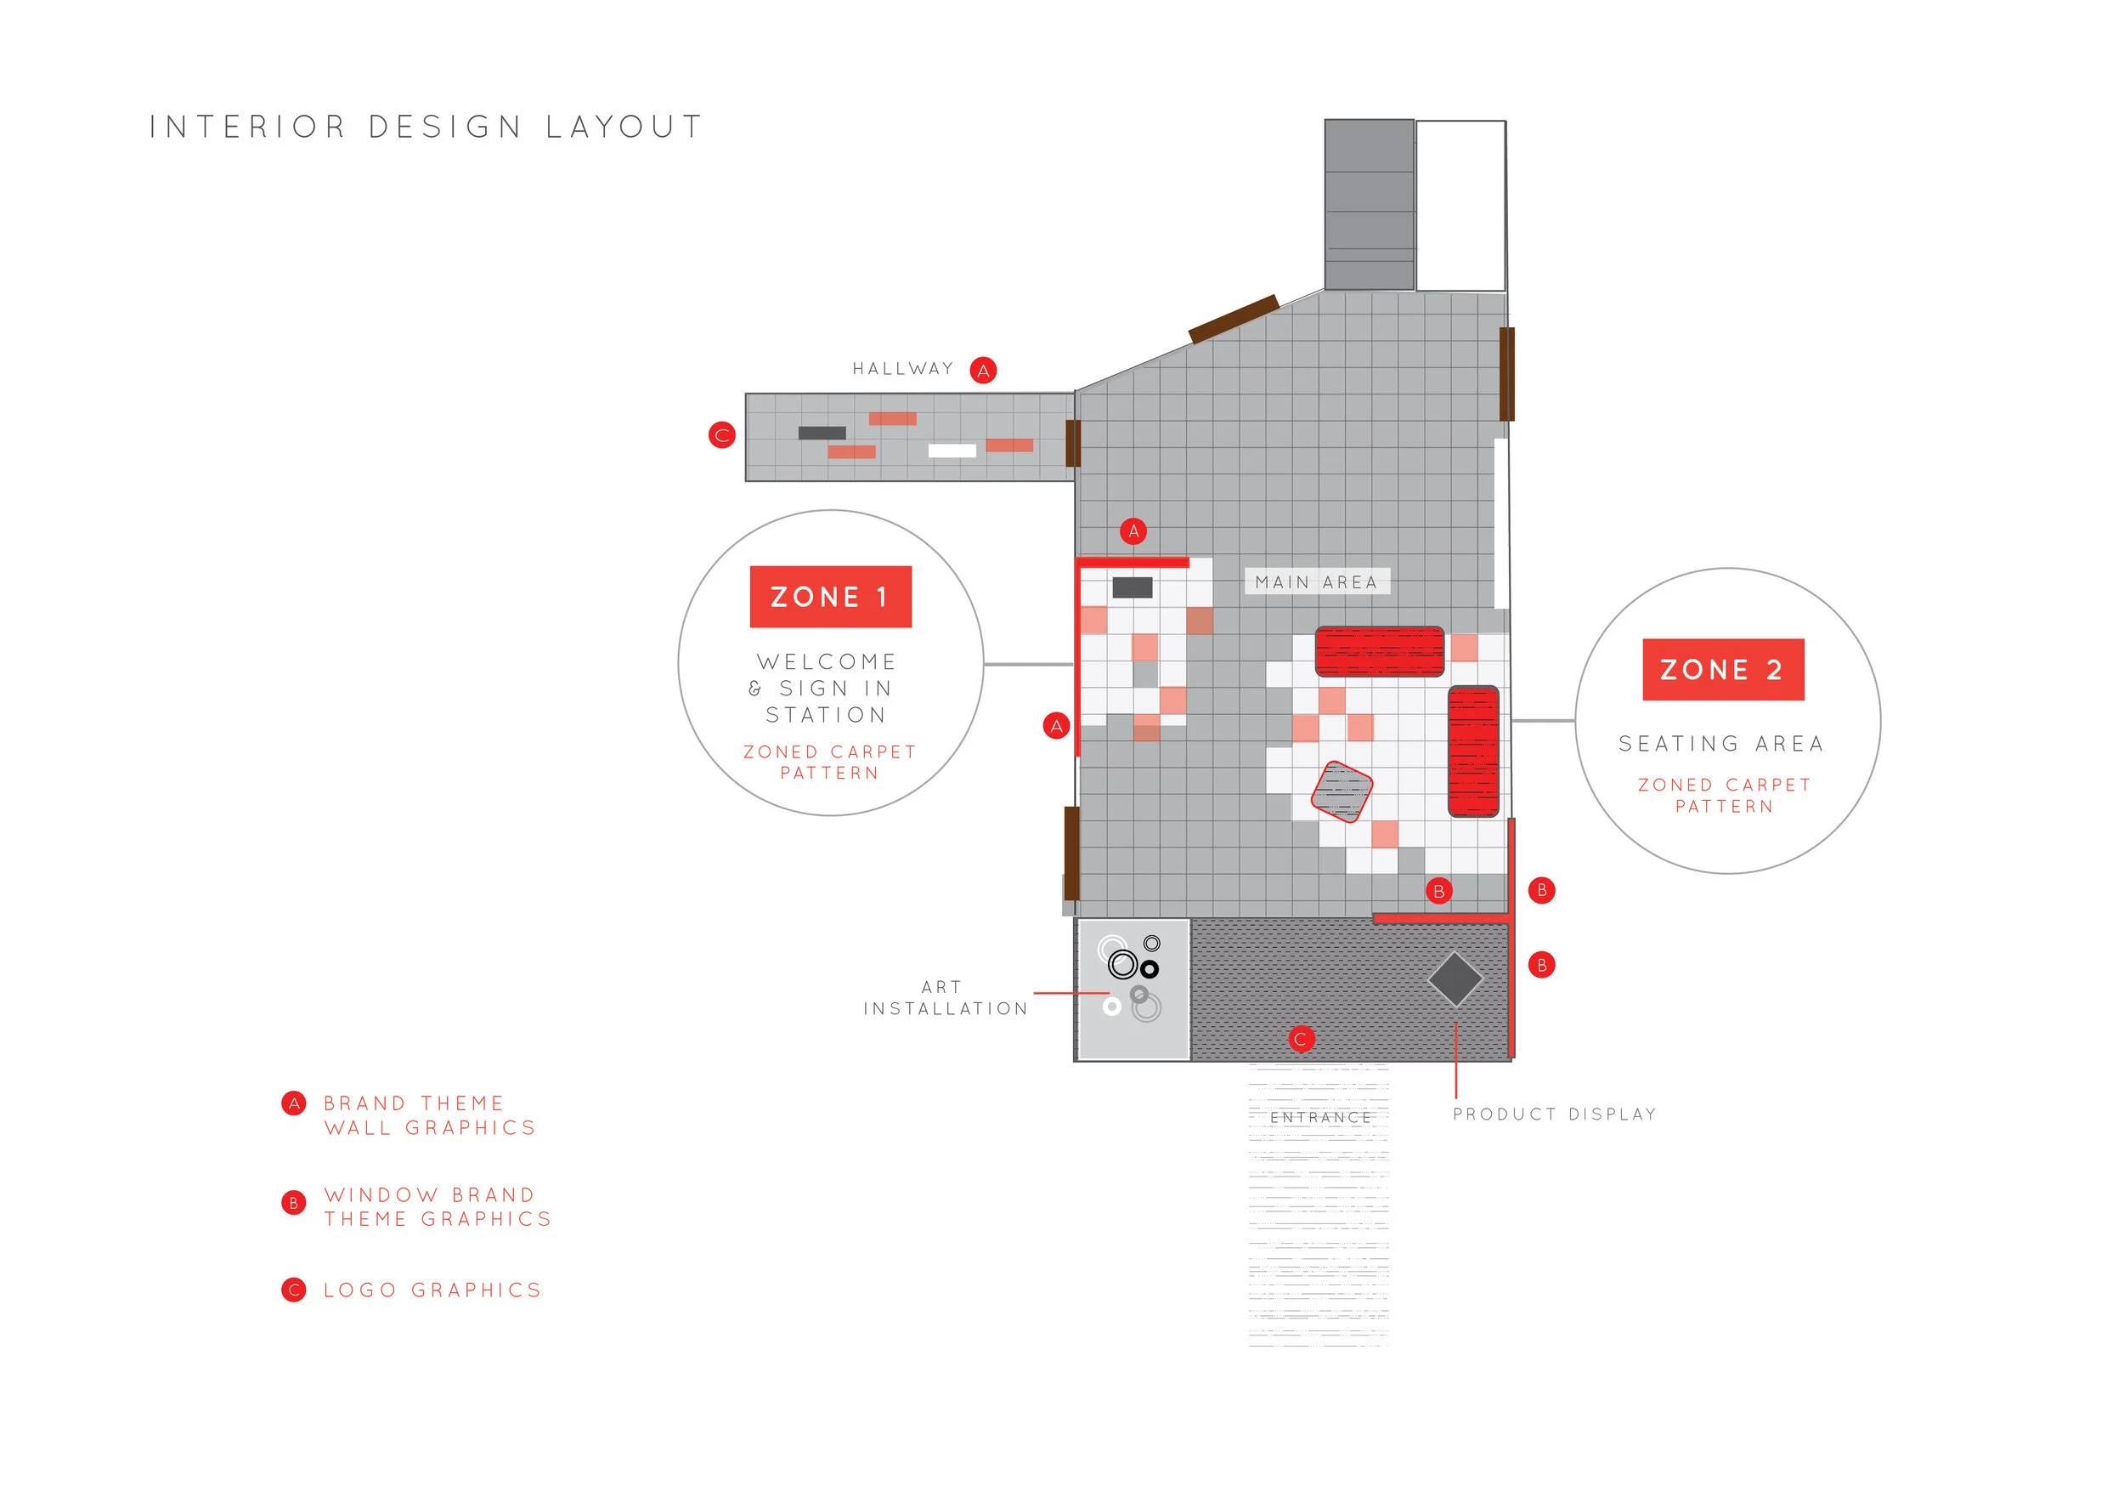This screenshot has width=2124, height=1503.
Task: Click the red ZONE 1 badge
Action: [x=830, y=597]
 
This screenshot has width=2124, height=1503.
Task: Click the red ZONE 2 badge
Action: [x=1722, y=669]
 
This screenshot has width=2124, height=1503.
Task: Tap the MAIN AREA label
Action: [x=1316, y=581]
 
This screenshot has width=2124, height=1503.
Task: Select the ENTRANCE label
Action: [x=1320, y=1118]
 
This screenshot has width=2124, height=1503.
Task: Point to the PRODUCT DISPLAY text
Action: [x=1554, y=1114]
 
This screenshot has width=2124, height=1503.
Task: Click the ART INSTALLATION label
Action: [x=945, y=998]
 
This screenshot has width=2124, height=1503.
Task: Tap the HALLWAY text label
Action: [x=903, y=369]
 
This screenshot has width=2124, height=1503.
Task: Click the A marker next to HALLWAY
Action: [x=982, y=370]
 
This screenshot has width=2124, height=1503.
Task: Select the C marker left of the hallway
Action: [x=721, y=434]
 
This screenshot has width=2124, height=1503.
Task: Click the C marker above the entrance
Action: [x=1301, y=1038]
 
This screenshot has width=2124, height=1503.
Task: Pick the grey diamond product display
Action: [x=1455, y=979]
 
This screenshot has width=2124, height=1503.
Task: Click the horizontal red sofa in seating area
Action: [x=1379, y=650]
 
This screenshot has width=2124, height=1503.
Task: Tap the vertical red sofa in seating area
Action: [x=1472, y=751]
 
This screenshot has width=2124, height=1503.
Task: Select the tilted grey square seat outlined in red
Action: [x=1342, y=791]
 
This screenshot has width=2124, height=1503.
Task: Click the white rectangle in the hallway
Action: [x=952, y=451]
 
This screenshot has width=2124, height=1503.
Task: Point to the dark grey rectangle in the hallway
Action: [x=822, y=433]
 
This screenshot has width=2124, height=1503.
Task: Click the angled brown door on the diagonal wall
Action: [x=1233, y=320]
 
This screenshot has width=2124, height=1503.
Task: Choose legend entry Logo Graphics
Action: [x=432, y=1290]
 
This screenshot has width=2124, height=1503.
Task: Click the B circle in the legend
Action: [x=293, y=1202]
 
